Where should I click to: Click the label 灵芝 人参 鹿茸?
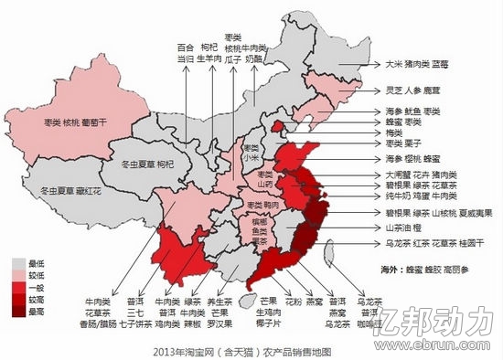[x=408, y=91]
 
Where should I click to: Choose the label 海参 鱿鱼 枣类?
[x=412, y=111]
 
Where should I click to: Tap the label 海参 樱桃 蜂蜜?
[x=412, y=158]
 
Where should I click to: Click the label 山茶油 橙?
[x=406, y=227]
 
